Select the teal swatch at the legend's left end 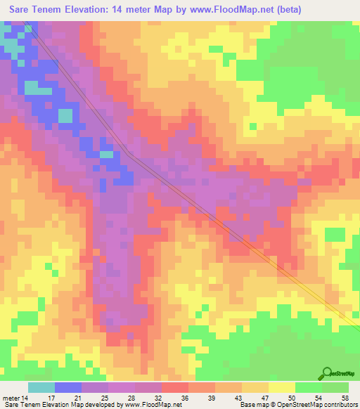[41, 387]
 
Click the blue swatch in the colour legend [68, 387]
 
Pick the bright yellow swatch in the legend [281, 387]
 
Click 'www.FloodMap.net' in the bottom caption [147, 405]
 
